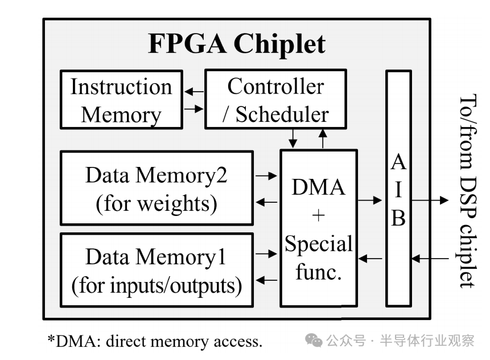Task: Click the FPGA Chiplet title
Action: click(236, 44)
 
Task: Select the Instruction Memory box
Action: click(121, 100)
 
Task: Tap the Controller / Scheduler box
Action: click(275, 100)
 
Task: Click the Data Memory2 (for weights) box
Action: click(157, 189)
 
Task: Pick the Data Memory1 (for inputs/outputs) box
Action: click(157, 271)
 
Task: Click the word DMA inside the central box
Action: click(318, 187)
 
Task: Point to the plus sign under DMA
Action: click(318, 215)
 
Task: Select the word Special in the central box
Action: click(318, 244)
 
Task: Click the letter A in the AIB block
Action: click(398, 163)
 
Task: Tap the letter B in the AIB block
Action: click(398, 218)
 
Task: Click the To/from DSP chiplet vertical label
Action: click(467, 191)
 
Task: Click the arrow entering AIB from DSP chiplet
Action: click(430, 259)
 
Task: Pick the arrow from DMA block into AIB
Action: click(370, 200)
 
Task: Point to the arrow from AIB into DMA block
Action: click(370, 259)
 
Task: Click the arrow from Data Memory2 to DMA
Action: click(266, 176)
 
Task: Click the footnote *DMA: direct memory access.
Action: click(155, 341)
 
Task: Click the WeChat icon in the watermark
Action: click(314, 341)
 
